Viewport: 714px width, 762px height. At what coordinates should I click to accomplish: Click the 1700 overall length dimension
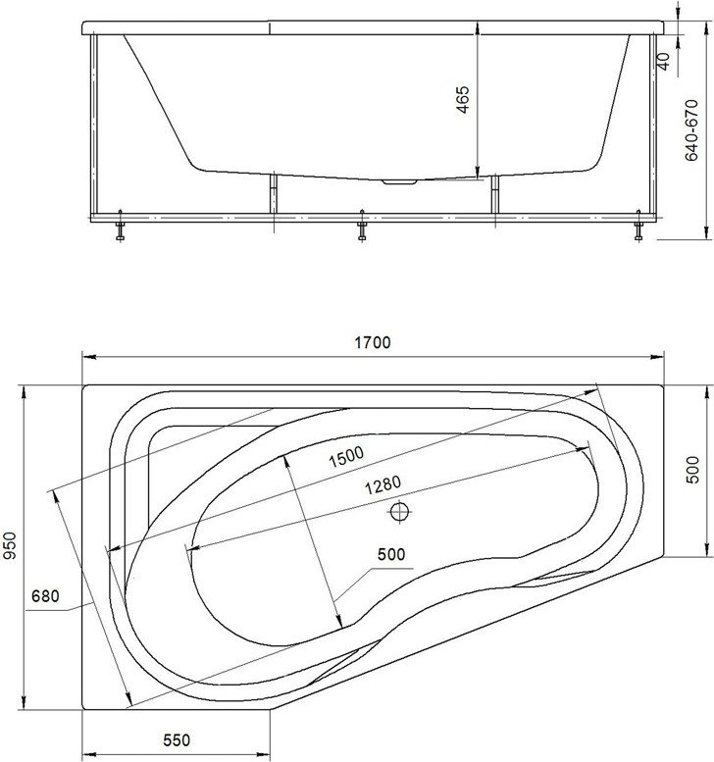(373, 342)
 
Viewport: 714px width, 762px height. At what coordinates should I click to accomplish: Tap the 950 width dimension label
(10, 545)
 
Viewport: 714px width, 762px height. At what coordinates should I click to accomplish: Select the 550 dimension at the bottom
(177, 740)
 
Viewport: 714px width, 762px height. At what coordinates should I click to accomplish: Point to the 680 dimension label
(45, 596)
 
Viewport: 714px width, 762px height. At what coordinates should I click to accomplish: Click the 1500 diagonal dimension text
(346, 457)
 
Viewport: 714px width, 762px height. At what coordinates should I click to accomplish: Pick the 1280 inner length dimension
(383, 484)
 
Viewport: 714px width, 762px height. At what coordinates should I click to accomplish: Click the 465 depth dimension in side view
(463, 100)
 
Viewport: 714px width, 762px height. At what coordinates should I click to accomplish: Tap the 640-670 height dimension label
(691, 130)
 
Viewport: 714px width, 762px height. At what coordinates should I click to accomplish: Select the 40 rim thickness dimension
(663, 60)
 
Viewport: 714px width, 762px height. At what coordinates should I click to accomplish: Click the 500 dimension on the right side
(692, 470)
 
